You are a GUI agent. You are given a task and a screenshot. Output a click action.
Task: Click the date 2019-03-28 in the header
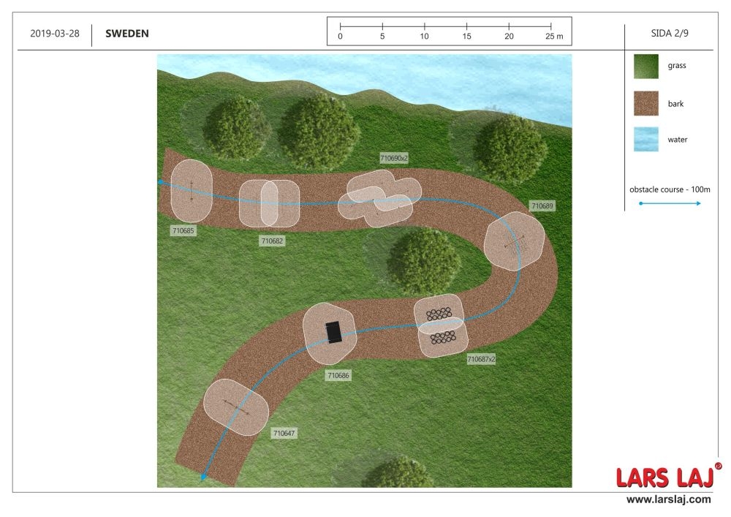click(x=55, y=34)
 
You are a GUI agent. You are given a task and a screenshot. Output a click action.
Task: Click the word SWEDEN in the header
click(x=126, y=34)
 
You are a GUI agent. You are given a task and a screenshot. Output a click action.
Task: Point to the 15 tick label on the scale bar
click(x=466, y=37)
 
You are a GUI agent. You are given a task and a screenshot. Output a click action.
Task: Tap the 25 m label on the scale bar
click(x=554, y=37)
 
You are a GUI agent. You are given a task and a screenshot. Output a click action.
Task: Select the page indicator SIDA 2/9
click(x=670, y=33)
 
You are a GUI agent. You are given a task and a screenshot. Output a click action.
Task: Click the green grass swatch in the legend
click(x=646, y=67)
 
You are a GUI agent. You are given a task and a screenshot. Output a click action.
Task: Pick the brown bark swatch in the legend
click(x=646, y=103)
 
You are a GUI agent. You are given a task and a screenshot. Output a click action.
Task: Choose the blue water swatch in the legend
click(x=646, y=139)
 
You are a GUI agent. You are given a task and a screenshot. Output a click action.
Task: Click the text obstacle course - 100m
click(x=670, y=189)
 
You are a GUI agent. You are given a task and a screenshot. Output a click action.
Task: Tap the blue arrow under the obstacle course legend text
click(x=670, y=203)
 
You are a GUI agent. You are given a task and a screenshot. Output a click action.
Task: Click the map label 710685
click(x=183, y=231)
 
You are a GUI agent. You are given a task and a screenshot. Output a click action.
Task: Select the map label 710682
click(x=272, y=241)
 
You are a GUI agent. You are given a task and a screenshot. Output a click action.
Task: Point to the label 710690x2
click(x=394, y=158)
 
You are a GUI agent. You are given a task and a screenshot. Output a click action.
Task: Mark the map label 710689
click(x=542, y=206)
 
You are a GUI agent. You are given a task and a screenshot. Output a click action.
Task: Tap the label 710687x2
click(x=481, y=359)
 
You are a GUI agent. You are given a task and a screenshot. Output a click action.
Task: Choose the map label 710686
click(x=338, y=375)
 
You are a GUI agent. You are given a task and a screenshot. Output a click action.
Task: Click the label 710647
click(x=284, y=433)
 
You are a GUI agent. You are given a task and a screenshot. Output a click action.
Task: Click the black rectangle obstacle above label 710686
click(x=333, y=332)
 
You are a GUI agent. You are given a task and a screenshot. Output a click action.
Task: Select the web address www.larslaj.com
click(x=669, y=499)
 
